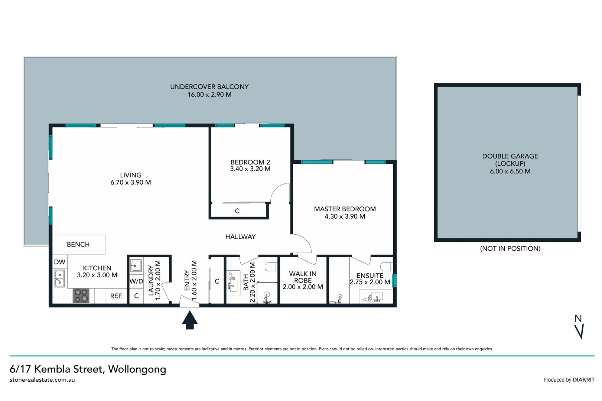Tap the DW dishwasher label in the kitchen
(59, 262)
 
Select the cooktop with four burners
(81, 296)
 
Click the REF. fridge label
(116, 296)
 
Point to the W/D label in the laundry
(136, 281)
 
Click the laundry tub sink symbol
(136, 266)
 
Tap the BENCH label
(78, 245)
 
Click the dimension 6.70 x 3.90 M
(131, 183)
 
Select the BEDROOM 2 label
(250, 162)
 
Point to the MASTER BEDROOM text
(345, 209)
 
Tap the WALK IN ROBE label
(303, 277)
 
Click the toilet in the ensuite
(387, 267)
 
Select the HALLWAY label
(240, 237)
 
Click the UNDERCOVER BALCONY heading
(209, 87)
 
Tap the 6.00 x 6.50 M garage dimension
(510, 172)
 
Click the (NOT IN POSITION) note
(510, 249)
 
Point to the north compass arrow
(579, 330)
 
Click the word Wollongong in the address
(137, 369)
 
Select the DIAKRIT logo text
(583, 380)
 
